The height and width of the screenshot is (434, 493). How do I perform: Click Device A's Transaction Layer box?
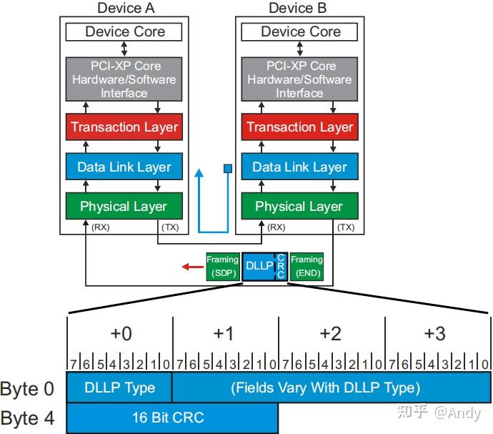(x=124, y=127)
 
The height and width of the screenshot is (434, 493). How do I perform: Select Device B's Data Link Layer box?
(x=299, y=167)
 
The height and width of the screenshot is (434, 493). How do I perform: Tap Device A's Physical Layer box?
(x=124, y=206)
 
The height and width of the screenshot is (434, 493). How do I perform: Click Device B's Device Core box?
(x=299, y=31)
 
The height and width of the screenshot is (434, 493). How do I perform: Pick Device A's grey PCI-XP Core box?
(x=124, y=79)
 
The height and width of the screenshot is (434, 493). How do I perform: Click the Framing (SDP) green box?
(x=223, y=267)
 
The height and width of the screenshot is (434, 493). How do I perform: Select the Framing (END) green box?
(x=307, y=267)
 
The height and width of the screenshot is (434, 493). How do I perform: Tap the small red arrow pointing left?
(x=193, y=267)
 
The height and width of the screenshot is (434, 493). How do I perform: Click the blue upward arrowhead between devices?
(x=199, y=173)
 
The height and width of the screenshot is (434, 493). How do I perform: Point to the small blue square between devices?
(x=228, y=169)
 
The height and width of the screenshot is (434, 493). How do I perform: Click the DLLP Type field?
(x=119, y=387)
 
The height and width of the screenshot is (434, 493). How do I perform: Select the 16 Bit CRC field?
(x=172, y=418)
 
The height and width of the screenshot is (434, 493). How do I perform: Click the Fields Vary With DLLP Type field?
(x=332, y=387)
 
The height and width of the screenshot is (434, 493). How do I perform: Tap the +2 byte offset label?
(x=330, y=333)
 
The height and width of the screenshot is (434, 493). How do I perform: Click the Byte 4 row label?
(x=27, y=418)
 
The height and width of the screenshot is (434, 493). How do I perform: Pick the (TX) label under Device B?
(x=346, y=227)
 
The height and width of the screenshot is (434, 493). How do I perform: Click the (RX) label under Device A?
(x=101, y=227)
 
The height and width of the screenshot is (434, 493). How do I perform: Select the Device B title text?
(x=297, y=8)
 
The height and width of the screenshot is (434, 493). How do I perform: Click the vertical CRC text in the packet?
(x=281, y=266)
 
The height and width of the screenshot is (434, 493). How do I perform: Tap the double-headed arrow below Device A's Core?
(x=124, y=49)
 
